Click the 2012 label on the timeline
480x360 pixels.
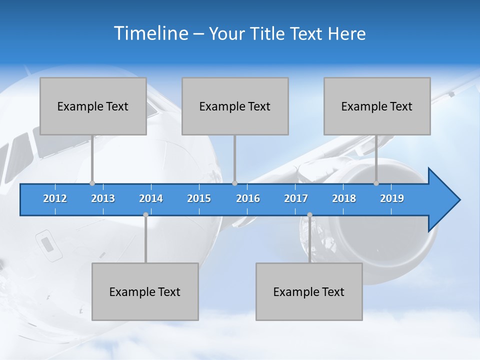(55, 198)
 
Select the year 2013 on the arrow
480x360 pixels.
(103, 198)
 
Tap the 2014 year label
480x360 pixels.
(151, 198)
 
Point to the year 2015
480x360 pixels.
(199, 198)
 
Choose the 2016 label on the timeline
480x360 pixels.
(248, 198)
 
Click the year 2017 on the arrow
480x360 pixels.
(296, 198)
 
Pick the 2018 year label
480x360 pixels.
(344, 198)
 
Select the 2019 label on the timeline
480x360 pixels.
(392, 198)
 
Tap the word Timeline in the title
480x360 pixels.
(150, 33)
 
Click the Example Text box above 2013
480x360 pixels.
(93, 106)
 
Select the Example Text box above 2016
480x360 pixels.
(235, 106)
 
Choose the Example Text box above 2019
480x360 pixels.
(377, 106)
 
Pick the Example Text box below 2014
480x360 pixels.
(145, 291)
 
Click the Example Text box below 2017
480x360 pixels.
(309, 291)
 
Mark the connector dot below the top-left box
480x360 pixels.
(92, 183)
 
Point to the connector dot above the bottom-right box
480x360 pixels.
(309, 214)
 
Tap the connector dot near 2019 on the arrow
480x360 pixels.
(376, 183)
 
